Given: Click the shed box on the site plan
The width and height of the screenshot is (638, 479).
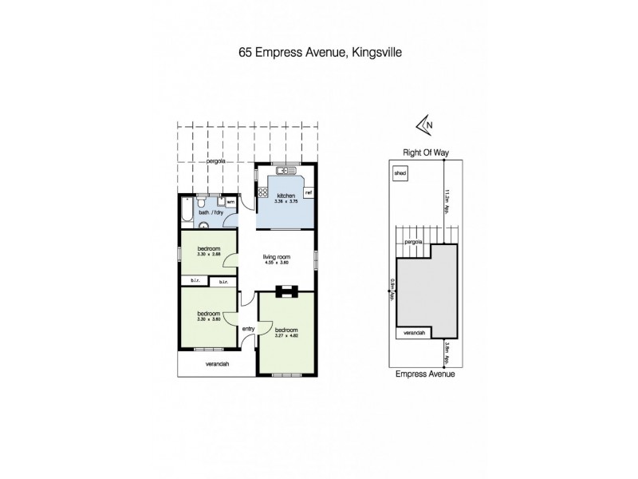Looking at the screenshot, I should coord(399,172).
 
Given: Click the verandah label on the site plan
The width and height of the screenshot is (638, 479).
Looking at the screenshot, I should coord(412,332).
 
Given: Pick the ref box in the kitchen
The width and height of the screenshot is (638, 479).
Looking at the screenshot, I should coord(307,192).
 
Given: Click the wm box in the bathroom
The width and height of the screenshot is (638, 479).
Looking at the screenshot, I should coord(230,202).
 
